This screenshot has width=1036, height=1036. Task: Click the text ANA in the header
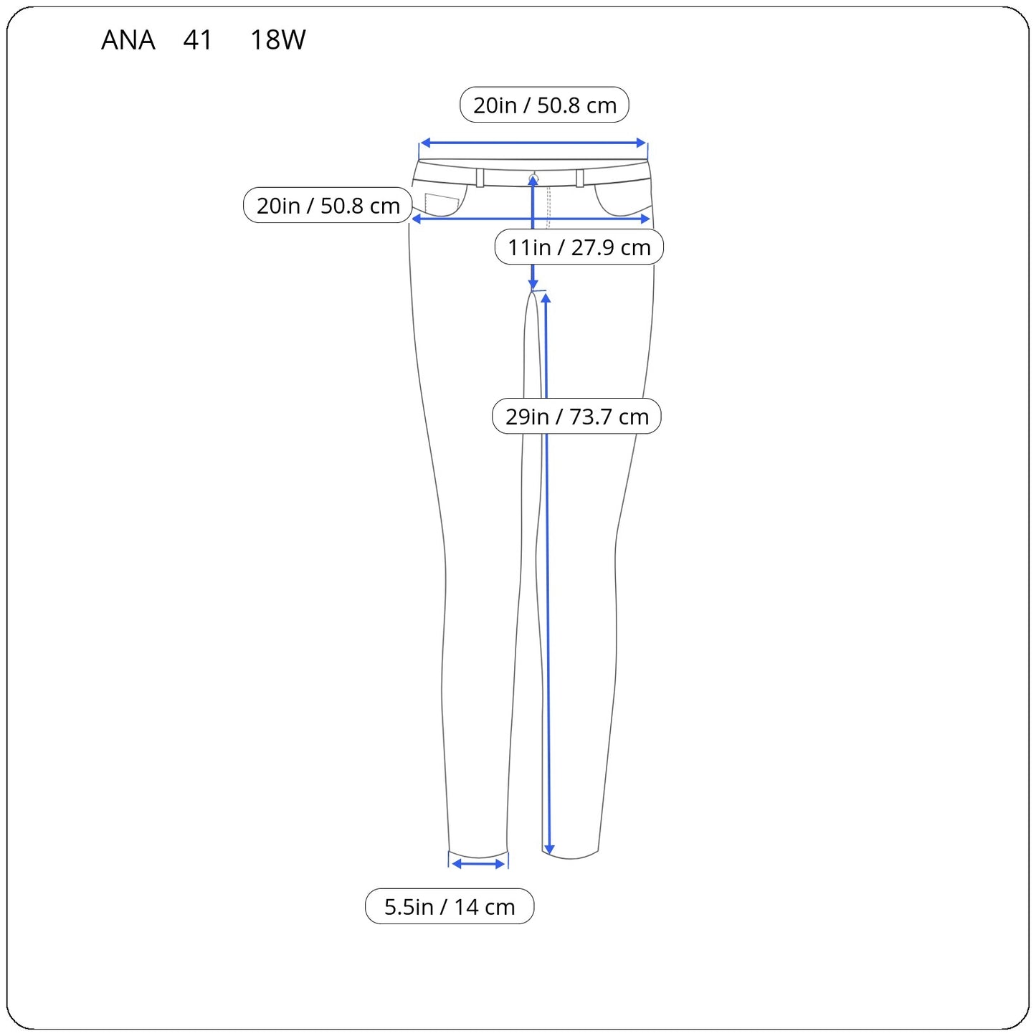[x=128, y=40]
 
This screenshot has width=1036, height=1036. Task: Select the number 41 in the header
[x=197, y=40]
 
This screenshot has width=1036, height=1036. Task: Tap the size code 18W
[x=277, y=40]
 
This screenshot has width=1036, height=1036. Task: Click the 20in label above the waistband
[x=544, y=105]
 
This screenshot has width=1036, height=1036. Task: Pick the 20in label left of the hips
[x=328, y=206]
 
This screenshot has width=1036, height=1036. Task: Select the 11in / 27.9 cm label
[x=579, y=247]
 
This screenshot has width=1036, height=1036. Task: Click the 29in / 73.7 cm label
[x=576, y=417]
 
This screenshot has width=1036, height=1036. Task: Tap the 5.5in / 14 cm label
[x=450, y=907]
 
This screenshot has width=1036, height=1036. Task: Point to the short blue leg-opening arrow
[x=478, y=864]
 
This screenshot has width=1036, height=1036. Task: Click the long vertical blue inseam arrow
[x=547, y=609]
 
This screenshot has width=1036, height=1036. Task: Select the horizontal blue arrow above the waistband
[x=533, y=143]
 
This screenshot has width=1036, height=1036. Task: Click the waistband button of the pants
[x=533, y=177]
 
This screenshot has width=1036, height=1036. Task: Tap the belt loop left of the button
[x=480, y=178]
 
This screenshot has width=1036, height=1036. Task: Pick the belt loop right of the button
[x=579, y=178]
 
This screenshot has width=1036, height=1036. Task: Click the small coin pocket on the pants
[x=441, y=204]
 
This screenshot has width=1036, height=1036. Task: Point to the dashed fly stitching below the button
[x=548, y=208]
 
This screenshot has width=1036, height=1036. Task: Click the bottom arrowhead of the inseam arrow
[x=548, y=850]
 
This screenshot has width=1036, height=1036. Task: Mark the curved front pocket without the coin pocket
[x=620, y=201]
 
